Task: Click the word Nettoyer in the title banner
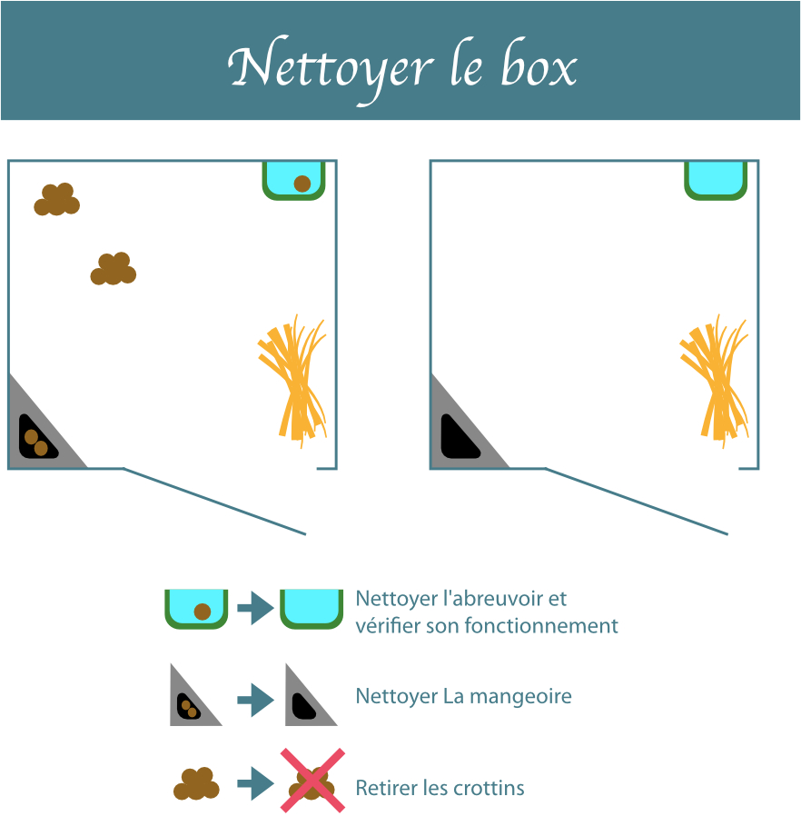[x=331, y=68]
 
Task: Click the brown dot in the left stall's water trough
[x=302, y=184]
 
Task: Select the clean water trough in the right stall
[x=716, y=180]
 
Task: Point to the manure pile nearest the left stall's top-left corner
[x=56, y=200]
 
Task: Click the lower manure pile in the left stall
[x=114, y=269]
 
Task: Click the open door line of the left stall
[x=214, y=501]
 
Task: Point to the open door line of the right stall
[x=637, y=501]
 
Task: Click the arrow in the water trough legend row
[x=255, y=609]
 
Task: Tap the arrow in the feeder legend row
[x=255, y=700]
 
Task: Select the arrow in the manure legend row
[x=255, y=784]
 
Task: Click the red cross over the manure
[x=312, y=781]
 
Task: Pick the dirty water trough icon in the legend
[x=196, y=609]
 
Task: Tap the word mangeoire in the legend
[x=520, y=697]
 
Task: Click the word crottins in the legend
[x=489, y=788]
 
